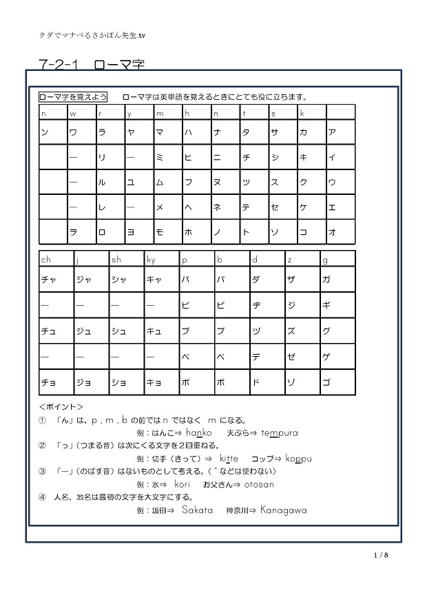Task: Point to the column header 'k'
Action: (x=302, y=113)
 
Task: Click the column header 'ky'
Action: (x=152, y=260)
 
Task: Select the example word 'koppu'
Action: (x=298, y=459)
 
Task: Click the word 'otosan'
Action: (x=258, y=484)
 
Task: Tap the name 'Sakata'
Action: (x=198, y=510)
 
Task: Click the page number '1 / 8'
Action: (x=381, y=555)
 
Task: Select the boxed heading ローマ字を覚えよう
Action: (x=73, y=97)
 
